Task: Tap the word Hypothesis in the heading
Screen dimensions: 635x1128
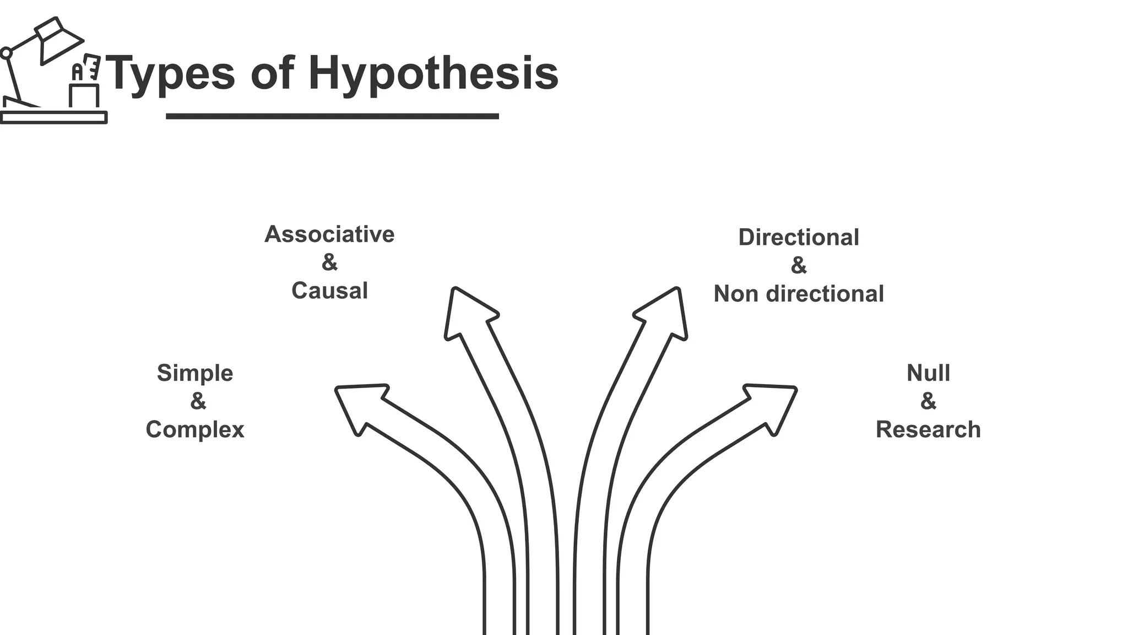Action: click(433, 74)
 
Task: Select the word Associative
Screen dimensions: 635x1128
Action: click(329, 234)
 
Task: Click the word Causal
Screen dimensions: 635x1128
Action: click(329, 290)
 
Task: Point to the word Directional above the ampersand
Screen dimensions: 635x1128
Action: click(798, 238)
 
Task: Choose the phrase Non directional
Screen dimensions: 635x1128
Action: click(798, 294)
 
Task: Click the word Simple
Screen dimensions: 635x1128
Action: click(195, 373)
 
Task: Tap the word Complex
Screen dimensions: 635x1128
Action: click(195, 429)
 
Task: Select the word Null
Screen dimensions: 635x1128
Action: click(928, 373)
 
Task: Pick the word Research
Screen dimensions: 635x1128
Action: click(928, 429)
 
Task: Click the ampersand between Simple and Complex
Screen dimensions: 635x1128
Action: click(198, 401)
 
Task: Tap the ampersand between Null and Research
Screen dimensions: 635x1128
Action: click(928, 401)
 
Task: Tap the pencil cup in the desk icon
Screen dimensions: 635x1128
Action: click(84, 95)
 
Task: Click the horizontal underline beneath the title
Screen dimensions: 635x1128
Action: click(332, 116)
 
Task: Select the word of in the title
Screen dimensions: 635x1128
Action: click(272, 74)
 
